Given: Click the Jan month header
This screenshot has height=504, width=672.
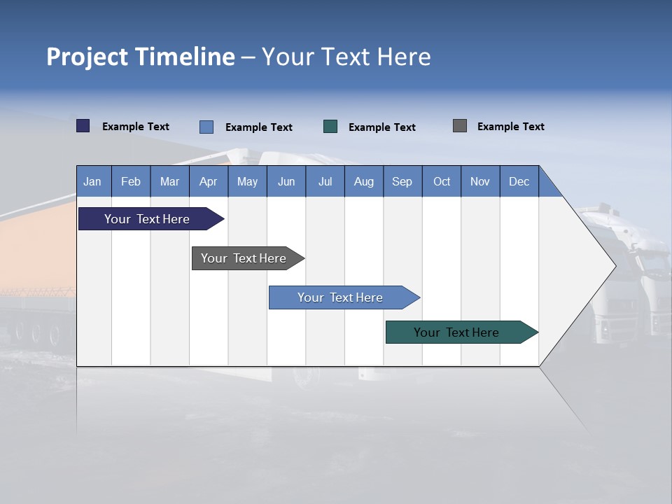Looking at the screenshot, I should pos(92,181).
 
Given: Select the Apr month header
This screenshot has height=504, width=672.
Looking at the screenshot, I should pos(208,181).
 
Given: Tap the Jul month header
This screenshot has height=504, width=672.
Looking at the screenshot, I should pos(325,181).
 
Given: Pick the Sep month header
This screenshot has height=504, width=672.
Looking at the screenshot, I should pos(402,181).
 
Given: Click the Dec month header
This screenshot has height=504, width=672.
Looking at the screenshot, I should pos(519,181).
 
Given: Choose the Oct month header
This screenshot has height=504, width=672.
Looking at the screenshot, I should pos(442,181).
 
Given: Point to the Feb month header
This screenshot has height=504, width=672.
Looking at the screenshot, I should pos(131,181).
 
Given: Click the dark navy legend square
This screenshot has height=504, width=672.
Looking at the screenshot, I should pos(83,126).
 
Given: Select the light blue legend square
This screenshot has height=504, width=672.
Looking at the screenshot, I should pos(206,127).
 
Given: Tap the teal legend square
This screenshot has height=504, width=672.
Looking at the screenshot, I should pos(330,127).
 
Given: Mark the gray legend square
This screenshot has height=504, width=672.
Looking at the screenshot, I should pos(460,126).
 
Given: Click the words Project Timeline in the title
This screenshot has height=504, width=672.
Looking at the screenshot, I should pos(141,57).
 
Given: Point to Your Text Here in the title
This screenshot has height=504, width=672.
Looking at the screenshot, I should pos(346,57).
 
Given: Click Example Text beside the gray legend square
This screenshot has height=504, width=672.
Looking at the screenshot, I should pos(510,127).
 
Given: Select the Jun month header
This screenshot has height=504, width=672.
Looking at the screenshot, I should pos(286,181).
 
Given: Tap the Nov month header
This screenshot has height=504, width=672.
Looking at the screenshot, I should pos(480,181).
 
